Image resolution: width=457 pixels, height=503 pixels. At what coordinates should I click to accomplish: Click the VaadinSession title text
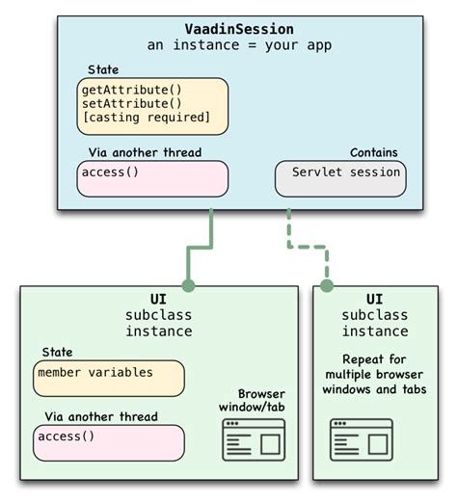click(238, 29)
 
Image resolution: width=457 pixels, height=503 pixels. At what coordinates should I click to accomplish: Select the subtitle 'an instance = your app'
click(238, 45)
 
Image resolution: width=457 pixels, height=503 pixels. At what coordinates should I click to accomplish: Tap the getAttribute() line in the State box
click(132, 89)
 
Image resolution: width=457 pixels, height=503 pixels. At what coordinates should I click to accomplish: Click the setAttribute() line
click(132, 103)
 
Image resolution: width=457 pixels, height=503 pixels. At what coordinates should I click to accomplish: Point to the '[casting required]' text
click(146, 118)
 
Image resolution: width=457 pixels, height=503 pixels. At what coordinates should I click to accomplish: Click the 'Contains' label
click(374, 152)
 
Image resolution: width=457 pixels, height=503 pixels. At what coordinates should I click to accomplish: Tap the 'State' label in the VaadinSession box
click(103, 70)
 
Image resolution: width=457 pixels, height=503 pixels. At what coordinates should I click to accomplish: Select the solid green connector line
click(210, 236)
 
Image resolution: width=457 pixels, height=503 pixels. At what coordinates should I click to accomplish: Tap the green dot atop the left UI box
click(188, 285)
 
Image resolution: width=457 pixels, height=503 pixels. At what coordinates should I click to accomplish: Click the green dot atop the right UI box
click(327, 285)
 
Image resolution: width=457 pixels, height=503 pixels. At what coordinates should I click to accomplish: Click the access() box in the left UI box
click(107, 442)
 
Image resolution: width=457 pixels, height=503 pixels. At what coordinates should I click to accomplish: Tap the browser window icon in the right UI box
click(362, 439)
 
